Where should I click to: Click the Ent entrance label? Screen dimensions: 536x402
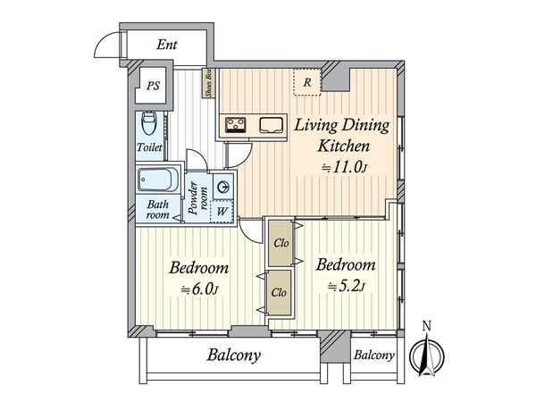click(167, 45)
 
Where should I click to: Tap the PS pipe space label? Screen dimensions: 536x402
click(153, 86)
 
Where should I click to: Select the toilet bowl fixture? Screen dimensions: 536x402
click(149, 123)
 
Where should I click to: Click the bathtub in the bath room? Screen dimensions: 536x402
click(155, 180)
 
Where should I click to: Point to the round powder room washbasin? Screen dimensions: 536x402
click(222, 187)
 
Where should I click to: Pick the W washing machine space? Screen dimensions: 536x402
click(222, 211)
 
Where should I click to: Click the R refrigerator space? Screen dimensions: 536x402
click(307, 82)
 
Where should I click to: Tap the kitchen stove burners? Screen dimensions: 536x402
click(235, 124)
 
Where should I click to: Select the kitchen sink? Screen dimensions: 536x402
click(272, 125)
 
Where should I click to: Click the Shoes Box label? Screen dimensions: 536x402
click(208, 83)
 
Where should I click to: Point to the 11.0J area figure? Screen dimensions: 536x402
click(345, 167)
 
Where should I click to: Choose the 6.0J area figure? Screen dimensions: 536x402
click(199, 289)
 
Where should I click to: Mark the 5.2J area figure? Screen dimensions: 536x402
click(347, 287)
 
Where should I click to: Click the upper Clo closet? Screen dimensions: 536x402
click(281, 243)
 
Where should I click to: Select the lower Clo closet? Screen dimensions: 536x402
click(279, 293)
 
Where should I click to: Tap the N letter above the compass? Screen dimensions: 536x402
click(426, 326)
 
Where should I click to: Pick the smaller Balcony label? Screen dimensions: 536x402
click(374, 356)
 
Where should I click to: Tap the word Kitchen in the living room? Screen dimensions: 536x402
click(344, 147)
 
